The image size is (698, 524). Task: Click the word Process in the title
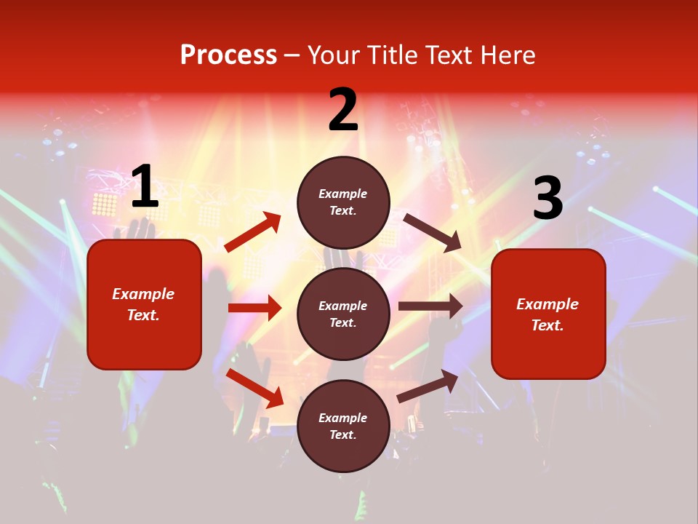(x=228, y=55)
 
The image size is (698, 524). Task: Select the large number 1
(x=145, y=187)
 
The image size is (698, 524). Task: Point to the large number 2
(x=343, y=110)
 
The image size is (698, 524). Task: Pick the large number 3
(x=547, y=199)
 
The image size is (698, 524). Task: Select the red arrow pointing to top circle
(x=253, y=232)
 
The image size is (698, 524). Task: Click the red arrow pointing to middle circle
(x=254, y=308)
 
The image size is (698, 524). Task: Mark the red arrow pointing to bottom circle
(x=255, y=388)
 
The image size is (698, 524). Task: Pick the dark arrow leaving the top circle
(x=433, y=233)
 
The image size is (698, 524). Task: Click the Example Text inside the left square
(x=144, y=304)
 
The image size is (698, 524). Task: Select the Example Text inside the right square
(x=547, y=314)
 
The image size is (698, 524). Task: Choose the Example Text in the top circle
(x=343, y=202)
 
